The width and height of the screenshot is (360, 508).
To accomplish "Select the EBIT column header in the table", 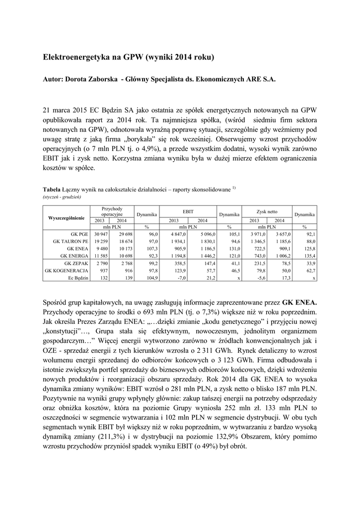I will point(188,211).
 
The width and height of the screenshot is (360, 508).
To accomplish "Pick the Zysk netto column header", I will point(267,211).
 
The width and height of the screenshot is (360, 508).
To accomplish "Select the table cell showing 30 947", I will point(101,233).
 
